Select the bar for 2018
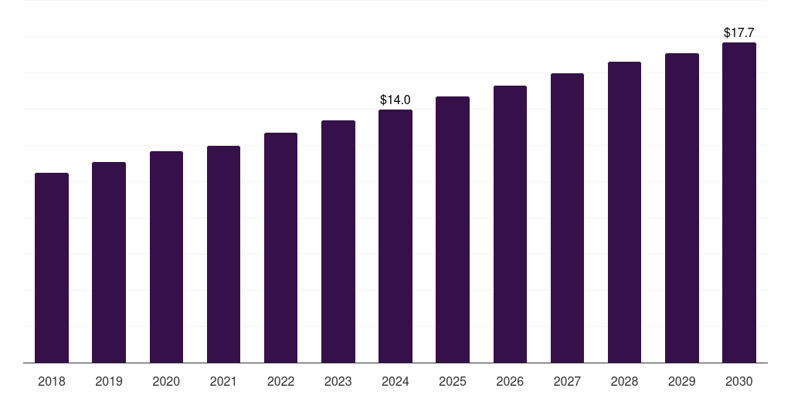[x=52, y=268]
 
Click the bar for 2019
[x=109, y=262]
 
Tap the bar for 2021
[x=223, y=255]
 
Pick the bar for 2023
[x=338, y=241]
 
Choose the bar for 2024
[x=395, y=236]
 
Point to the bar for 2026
[x=510, y=225]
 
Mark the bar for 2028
[x=624, y=212]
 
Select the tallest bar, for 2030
[x=739, y=203]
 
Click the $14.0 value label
[x=395, y=100]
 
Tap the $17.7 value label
[x=739, y=32]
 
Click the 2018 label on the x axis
[x=52, y=381]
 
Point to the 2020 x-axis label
[x=166, y=381]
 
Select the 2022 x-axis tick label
[x=280, y=381]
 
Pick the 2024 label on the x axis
[x=395, y=381]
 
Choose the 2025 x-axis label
[x=453, y=381]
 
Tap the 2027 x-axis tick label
[x=567, y=381]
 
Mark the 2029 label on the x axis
[x=681, y=381]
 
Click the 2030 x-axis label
[x=739, y=381]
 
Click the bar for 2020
[x=167, y=257]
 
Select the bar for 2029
[x=682, y=208]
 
